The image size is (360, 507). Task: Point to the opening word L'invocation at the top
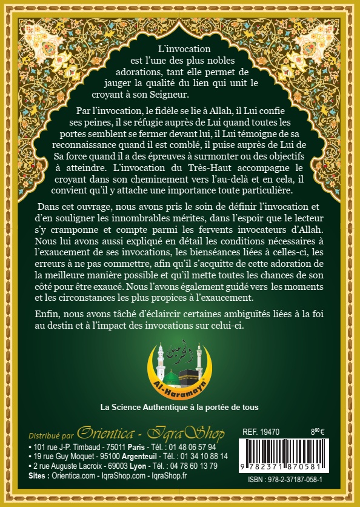(183, 48)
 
